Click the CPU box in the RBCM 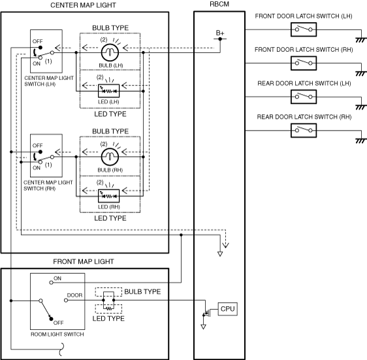pyautogui.click(x=227, y=309)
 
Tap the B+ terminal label pyautogui.click(x=220, y=33)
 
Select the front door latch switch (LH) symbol pyautogui.click(x=304, y=29)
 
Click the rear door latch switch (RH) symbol pyautogui.click(x=304, y=131)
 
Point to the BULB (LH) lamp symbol pyautogui.click(x=110, y=52)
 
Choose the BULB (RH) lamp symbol pyautogui.click(x=110, y=157)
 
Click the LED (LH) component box pyautogui.click(x=108, y=91)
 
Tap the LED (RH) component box pyautogui.click(x=108, y=196)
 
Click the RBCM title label pyautogui.click(x=219, y=4)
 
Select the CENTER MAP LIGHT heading pyautogui.click(x=83, y=5)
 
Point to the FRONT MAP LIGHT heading pyautogui.click(x=84, y=261)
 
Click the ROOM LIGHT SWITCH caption pyautogui.click(x=57, y=335)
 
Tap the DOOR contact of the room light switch pyautogui.click(x=66, y=301)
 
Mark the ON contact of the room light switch pyautogui.click(x=51, y=283)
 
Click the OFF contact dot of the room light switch pyautogui.click(x=51, y=319)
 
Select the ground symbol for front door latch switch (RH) pyautogui.click(x=360, y=74)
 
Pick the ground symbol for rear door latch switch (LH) pyautogui.click(x=360, y=107)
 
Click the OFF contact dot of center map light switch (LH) pyautogui.click(x=40, y=48)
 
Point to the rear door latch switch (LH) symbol pyautogui.click(x=304, y=97)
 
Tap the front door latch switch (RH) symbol pyautogui.click(x=304, y=63)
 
